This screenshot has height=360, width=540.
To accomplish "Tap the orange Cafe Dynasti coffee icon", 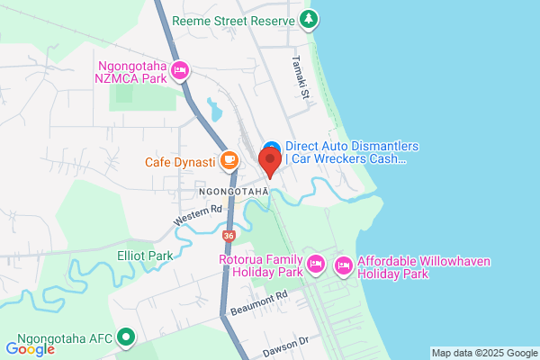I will coord(229,161).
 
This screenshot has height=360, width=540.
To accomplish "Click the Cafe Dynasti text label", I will coord(180,162).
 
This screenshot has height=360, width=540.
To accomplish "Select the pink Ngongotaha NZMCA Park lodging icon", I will coord(179,68).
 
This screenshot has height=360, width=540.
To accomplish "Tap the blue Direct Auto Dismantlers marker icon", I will coord(271,147).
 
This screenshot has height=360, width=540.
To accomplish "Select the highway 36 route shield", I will coord(229,236).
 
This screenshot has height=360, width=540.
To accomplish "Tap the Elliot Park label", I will coord(145,256).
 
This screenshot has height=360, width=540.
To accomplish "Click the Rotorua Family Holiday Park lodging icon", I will coord(315,264).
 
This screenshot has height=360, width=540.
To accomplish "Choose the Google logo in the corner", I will coord(30,348).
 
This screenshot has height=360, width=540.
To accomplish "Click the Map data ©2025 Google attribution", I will coord(483,352).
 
